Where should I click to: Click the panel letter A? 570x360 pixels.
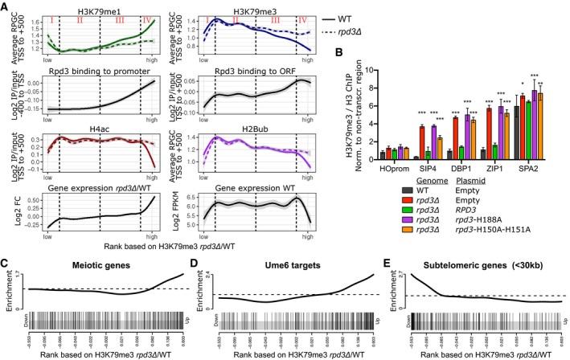coord(6,6)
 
